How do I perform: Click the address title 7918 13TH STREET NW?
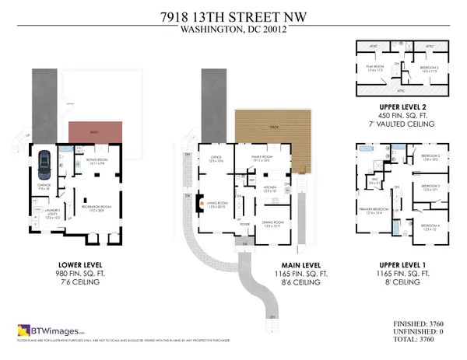tap(233, 14)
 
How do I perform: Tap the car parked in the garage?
tap(44, 163)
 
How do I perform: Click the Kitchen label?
tap(269, 188)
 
